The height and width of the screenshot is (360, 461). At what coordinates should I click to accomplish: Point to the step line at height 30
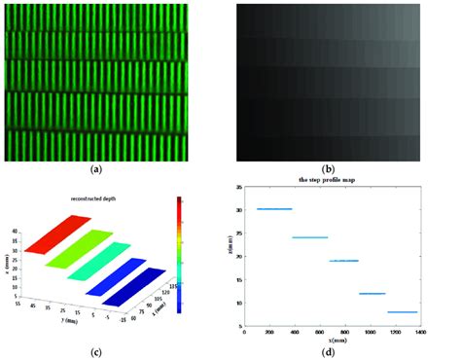(x=273, y=209)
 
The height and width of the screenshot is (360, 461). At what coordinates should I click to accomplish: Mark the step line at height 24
(x=309, y=237)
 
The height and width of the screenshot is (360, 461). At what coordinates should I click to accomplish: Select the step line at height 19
(x=343, y=261)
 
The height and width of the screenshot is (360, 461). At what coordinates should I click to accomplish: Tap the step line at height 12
(x=372, y=294)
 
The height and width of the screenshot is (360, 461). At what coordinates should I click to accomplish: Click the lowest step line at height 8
(x=402, y=312)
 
